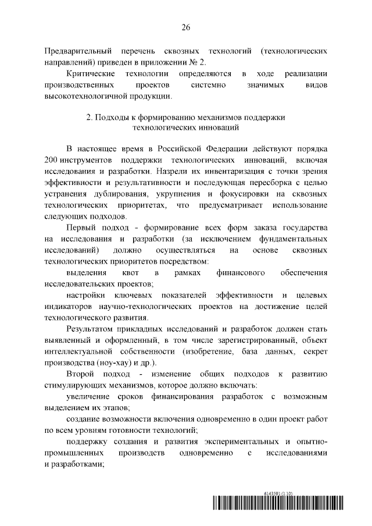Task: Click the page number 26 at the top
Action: pyautogui.click(x=186, y=27)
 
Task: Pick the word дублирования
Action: pyautogui.click(x=120, y=195)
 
